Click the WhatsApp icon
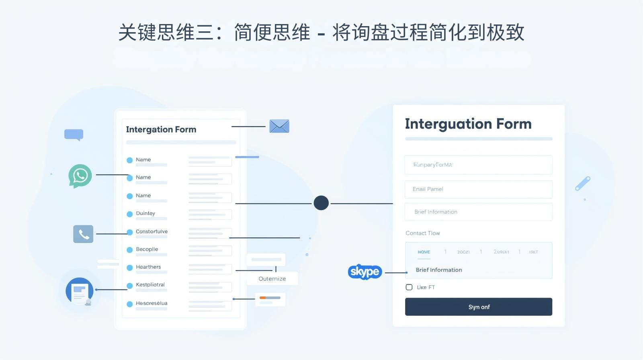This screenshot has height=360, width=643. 80,176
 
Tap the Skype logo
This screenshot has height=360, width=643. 365,272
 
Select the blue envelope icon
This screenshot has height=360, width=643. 279,126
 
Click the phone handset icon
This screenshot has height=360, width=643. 83,234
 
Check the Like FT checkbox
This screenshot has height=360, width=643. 409,287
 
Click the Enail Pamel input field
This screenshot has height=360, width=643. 478,189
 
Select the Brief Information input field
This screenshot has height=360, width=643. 478,212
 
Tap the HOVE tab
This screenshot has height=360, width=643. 424,252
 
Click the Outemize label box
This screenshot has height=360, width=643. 272,278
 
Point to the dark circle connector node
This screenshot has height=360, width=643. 321,203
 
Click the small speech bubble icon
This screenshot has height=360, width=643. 74,135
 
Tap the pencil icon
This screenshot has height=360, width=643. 583,183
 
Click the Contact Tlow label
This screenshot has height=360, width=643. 422,233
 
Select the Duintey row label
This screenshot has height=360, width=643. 145,213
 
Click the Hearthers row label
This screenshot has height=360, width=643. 148,267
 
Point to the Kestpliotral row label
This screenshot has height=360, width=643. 150,284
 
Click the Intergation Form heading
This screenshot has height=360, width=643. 161,129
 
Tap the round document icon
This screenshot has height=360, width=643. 80,290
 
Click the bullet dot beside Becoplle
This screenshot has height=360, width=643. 130,250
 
